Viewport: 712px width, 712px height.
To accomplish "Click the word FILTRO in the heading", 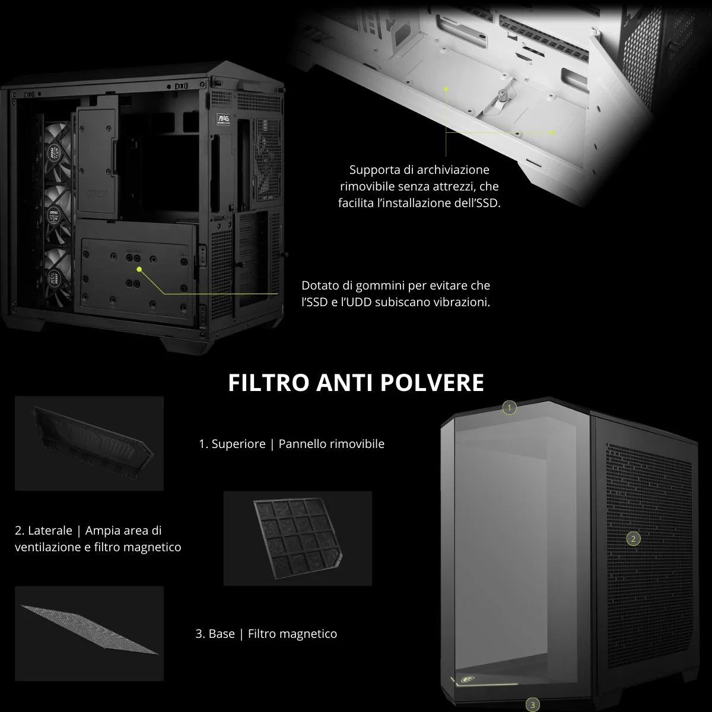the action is [x=269, y=383].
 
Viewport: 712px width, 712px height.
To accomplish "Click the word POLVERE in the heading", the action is [x=432, y=383].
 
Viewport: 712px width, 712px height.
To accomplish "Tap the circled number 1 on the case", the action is [x=510, y=408].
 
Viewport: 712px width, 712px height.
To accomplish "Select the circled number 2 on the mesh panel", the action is [x=633, y=539].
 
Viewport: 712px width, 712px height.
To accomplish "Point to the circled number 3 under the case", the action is [x=532, y=705].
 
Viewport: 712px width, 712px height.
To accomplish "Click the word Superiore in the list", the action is [x=239, y=444].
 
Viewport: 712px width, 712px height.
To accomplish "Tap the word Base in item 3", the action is [x=222, y=634].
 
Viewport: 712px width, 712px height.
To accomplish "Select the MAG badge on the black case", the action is [x=223, y=119].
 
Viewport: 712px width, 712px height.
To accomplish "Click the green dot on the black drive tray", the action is [x=139, y=269].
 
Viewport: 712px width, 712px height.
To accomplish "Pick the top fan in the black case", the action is [x=58, y=151].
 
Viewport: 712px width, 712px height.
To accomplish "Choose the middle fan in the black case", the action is [x=58, y=215].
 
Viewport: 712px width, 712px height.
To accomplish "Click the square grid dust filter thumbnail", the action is [x=297, y=538].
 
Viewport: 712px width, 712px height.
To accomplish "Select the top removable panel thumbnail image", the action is [x=89, y=443].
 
